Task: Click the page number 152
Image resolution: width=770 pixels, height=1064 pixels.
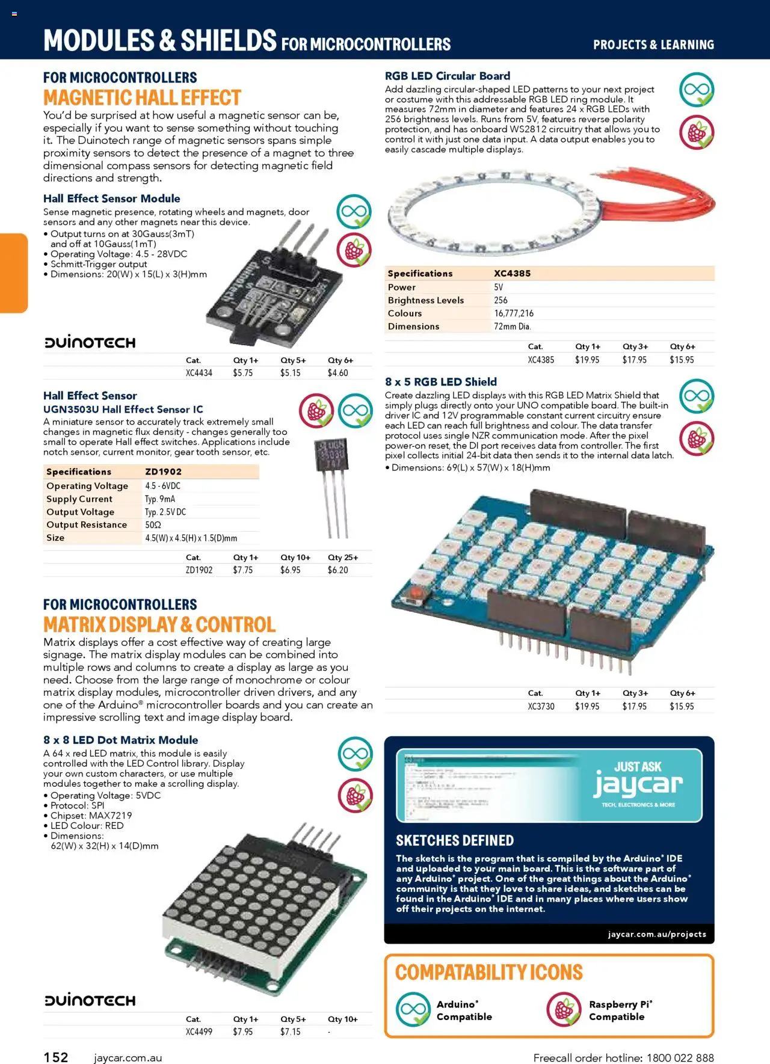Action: pos(56,1057)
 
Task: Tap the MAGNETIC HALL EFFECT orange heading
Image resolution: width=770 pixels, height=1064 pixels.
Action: pos(142,98)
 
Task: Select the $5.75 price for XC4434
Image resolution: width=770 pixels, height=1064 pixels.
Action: pos(242,373)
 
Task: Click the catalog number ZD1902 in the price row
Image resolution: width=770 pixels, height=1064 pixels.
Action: pos(199,570)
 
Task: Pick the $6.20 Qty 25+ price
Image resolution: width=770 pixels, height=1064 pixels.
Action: pos(337,570)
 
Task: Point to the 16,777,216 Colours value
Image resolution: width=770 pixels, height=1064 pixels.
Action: pos(514,313)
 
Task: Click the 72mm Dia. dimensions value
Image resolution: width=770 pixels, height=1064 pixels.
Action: pos(512,327)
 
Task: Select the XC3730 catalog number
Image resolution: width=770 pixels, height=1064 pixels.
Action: pos(541,706)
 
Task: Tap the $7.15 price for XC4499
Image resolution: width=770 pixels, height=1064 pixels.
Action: pos(290,1032)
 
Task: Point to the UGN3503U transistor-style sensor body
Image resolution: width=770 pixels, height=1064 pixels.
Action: pos(330,455)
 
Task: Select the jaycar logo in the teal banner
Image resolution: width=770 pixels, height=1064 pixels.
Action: pos(638,784)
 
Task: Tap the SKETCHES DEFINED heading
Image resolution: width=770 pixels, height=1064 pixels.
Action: pos(455,840)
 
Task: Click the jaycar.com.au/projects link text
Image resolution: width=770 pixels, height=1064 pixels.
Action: pos(657,934)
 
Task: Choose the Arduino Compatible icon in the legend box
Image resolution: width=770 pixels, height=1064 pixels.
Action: pos(413,1010)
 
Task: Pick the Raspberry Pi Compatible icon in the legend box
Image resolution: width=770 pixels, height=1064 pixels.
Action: pos(564,1010)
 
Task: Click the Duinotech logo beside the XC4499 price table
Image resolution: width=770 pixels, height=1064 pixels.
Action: pos(90,1000)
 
